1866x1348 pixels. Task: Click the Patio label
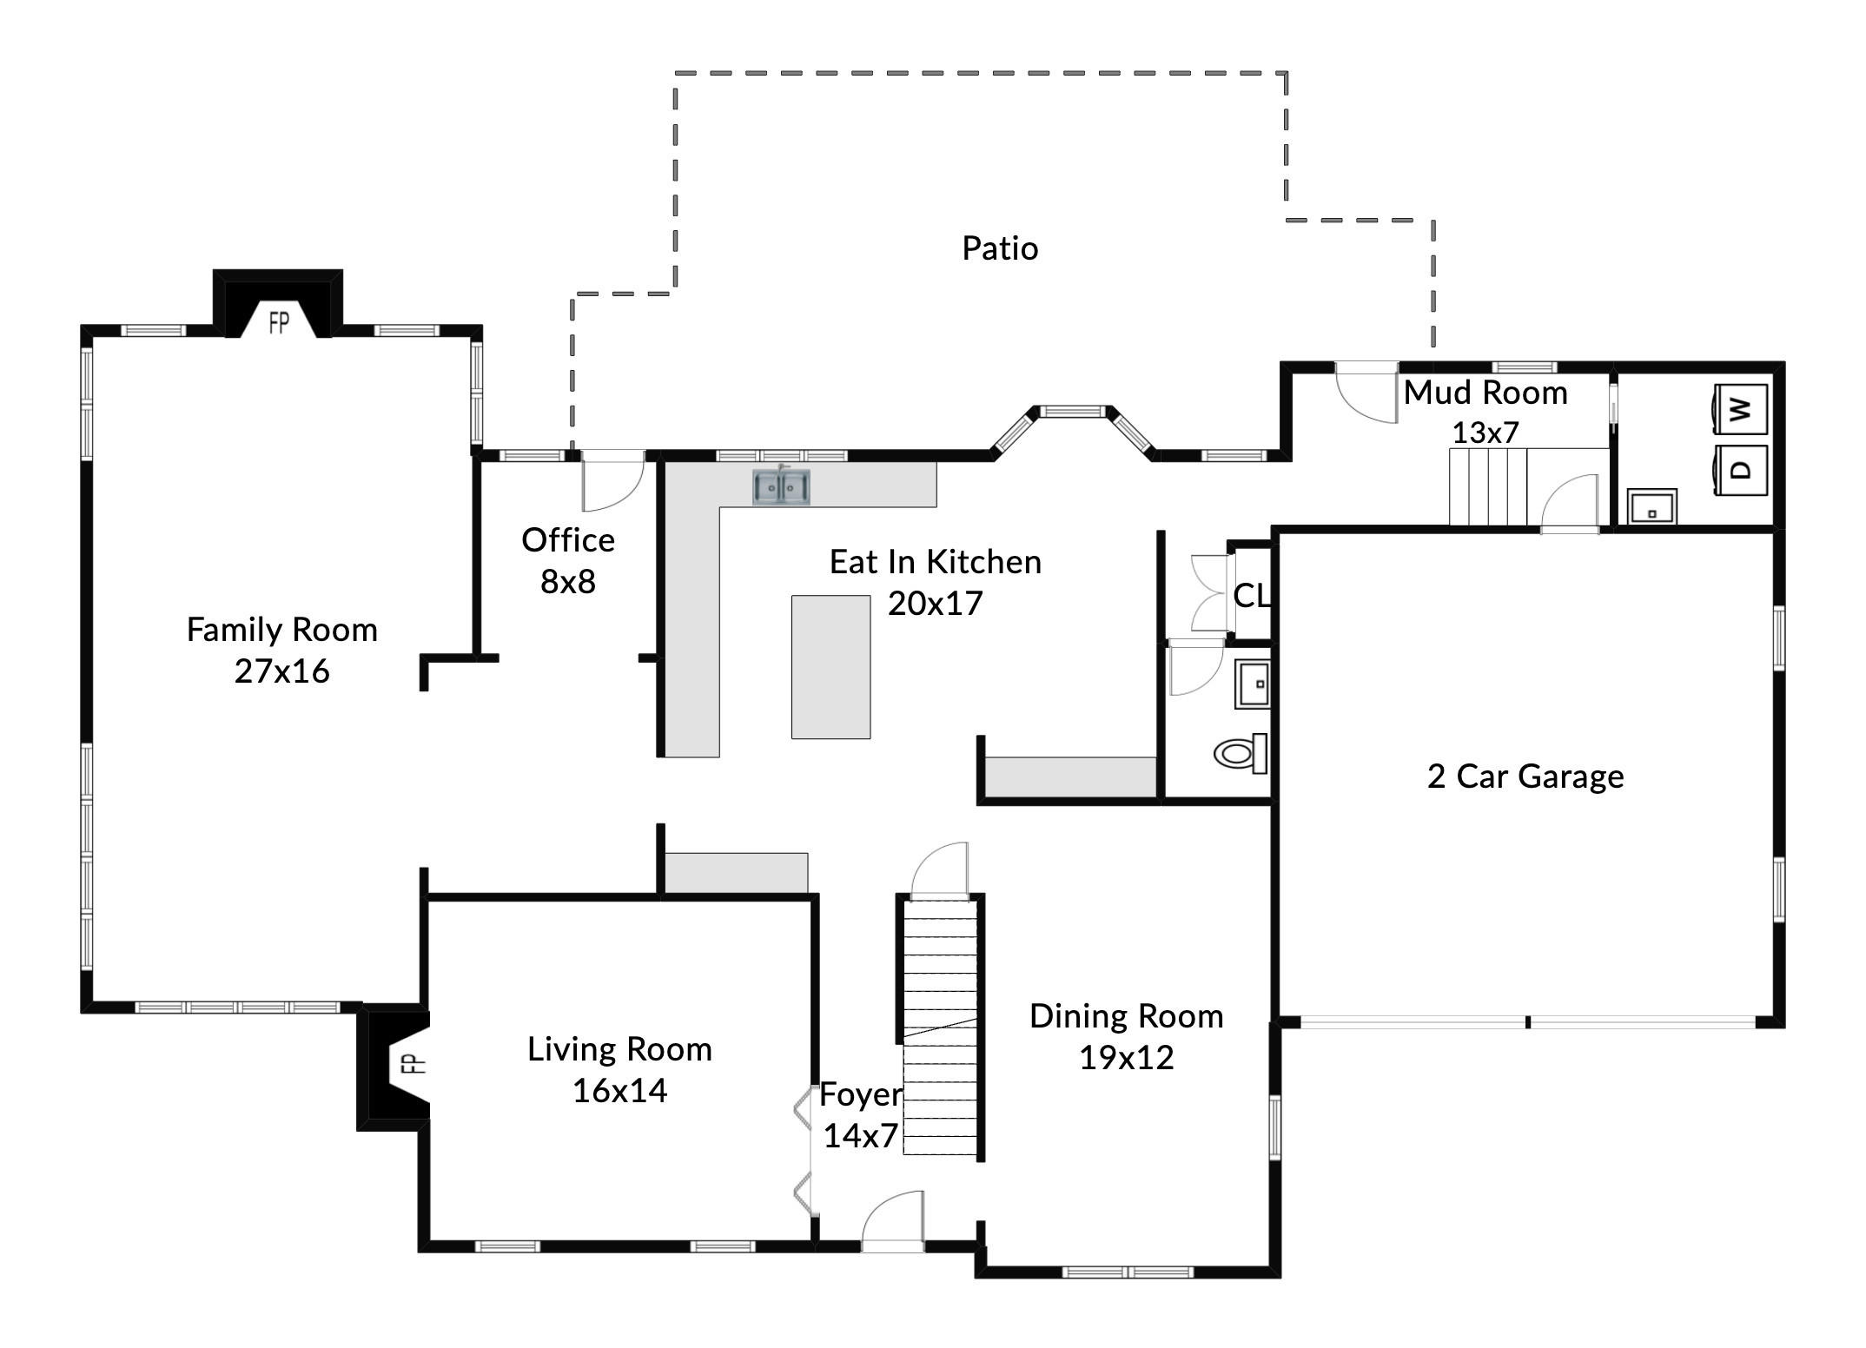tap(1000, 248)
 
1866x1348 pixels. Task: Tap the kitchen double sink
tap(781, 486)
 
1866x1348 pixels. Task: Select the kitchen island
tap(830, 667)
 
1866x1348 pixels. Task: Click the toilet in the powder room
tap(1241, 753)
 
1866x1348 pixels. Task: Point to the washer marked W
tap(1741, 408)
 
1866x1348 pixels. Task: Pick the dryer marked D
tap(1741, 470)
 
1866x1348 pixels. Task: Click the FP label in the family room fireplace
tap(279, 323)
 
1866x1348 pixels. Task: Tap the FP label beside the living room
tap(417, 1062)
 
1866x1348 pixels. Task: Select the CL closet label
tap(1252, 595)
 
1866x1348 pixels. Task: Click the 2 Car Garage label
tap(1525, 776)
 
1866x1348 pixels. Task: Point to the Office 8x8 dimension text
tap(568, 581)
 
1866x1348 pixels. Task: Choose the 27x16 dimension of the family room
tap(282, 671)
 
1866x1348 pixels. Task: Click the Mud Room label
tap(1486, 393)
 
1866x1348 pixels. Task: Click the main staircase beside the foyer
tap(940, 1028)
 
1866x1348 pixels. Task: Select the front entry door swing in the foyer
tap(892, 1221)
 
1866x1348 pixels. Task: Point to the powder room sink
tap(1252, 684)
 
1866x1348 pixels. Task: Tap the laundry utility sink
tap(1652, 506)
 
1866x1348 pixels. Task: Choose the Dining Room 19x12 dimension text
tap(1127, 1057)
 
